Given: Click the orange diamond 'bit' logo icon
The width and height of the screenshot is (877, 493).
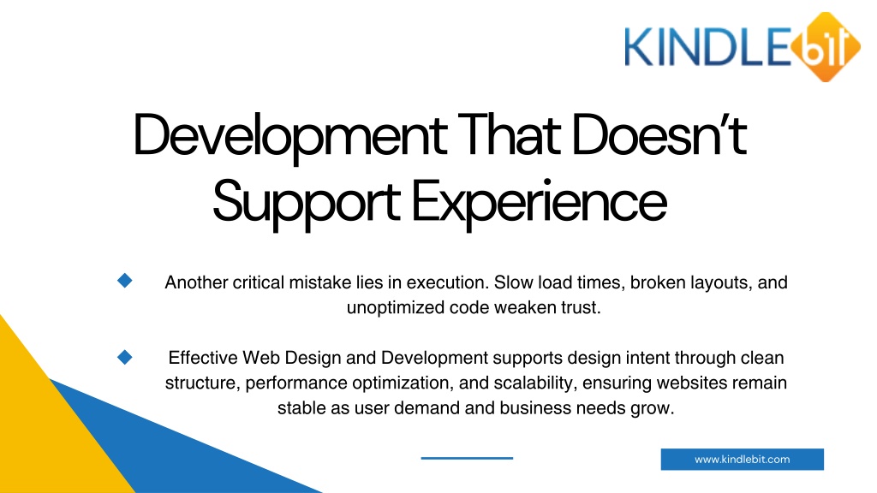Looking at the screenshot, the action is point(826,46).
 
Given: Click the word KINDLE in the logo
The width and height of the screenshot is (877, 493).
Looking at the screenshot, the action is point(708,48).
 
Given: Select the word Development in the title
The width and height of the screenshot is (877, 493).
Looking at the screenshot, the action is point(289,136).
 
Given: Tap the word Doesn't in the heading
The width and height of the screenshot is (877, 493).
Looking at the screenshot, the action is point(659,134).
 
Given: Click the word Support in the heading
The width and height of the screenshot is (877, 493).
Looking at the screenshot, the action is point(306,202).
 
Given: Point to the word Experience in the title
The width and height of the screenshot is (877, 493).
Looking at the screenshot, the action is point(540,202).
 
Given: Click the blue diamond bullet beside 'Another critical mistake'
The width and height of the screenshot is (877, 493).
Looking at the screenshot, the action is point(125,281).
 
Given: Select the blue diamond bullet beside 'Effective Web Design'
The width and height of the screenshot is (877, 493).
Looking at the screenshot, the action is point(125,357).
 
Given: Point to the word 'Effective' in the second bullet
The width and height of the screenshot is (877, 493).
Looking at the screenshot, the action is point(203,358).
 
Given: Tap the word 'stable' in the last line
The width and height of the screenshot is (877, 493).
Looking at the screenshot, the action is point(301,408).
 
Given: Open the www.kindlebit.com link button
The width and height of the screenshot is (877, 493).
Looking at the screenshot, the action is point(743,460).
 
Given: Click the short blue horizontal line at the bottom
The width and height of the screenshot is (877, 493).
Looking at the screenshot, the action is point(467,459).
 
